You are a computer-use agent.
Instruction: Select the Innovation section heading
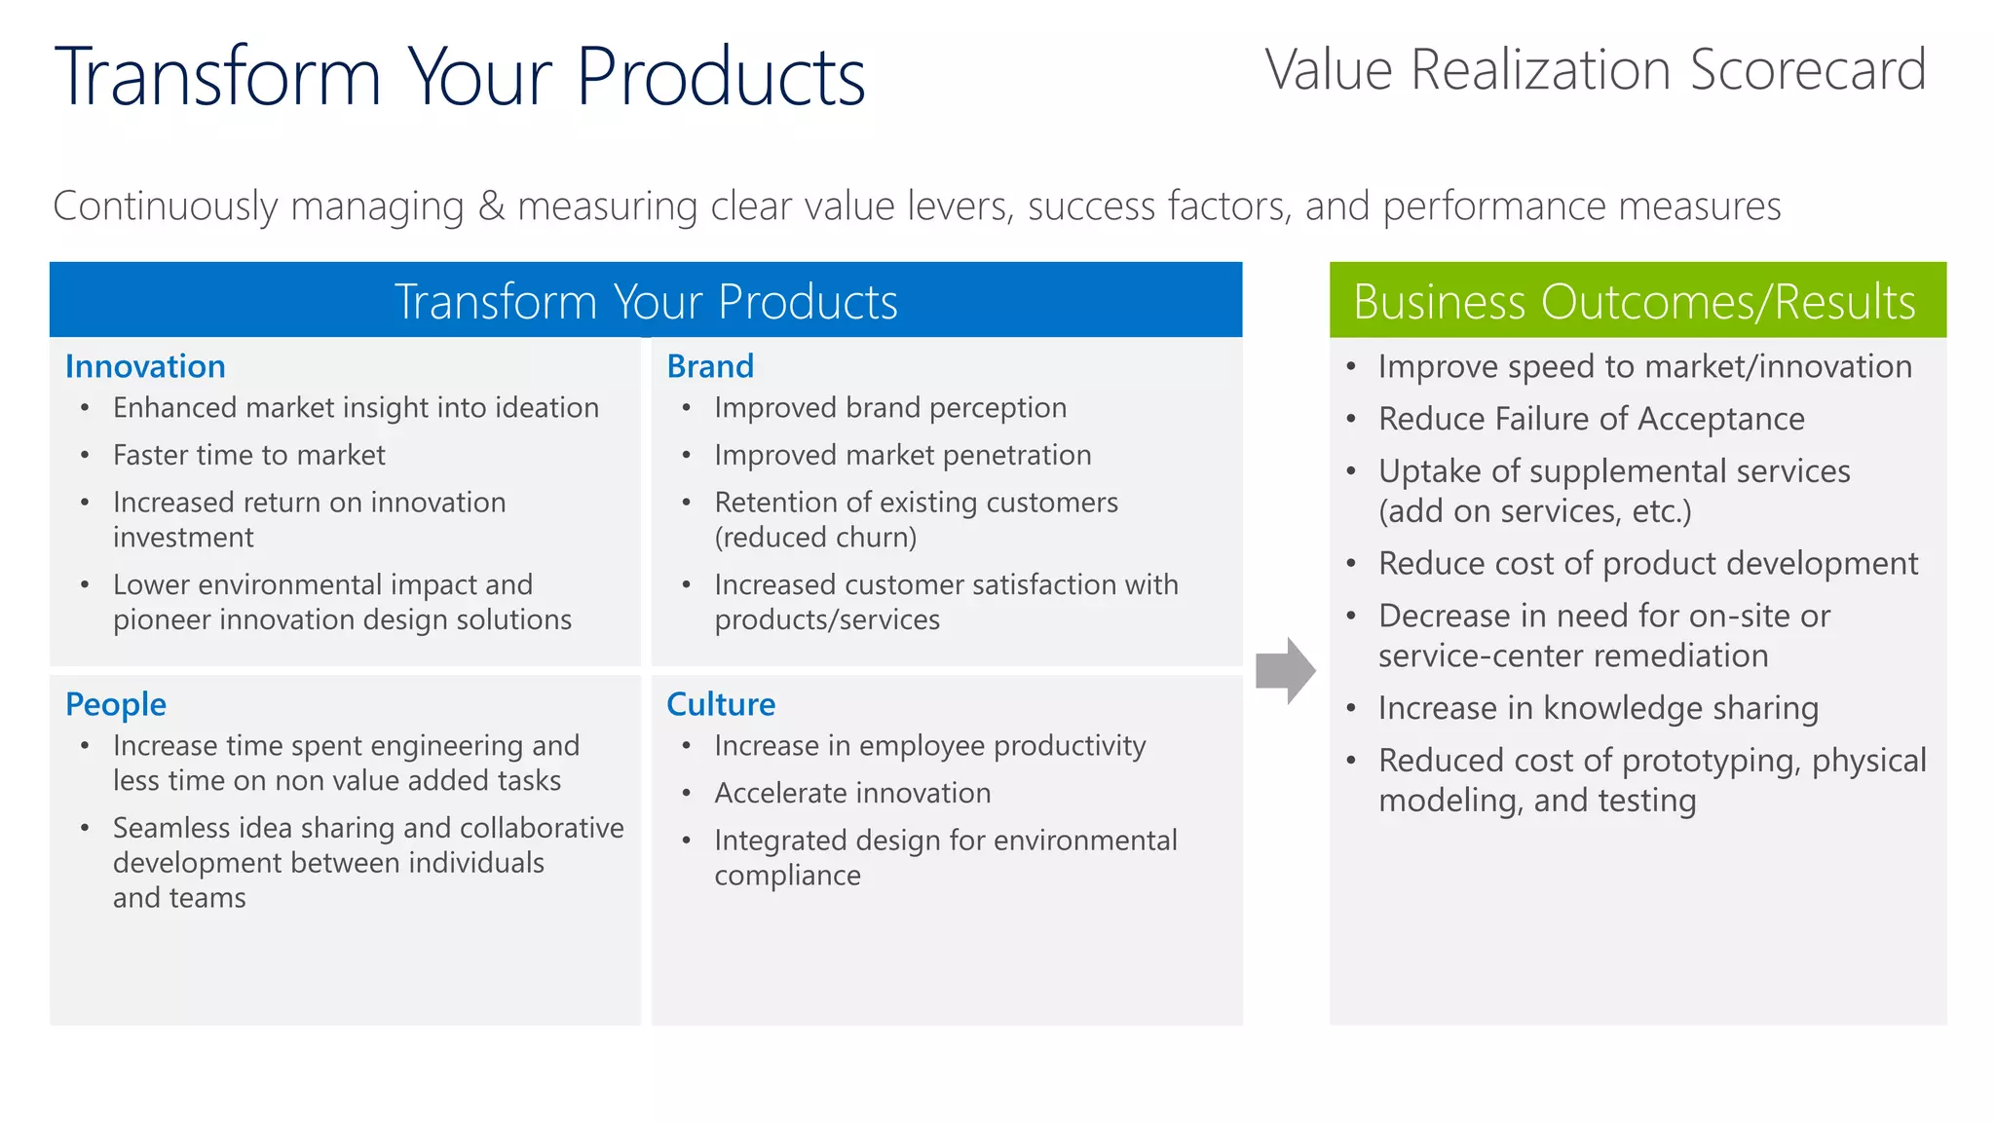click(145, 366)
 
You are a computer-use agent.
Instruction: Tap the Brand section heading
click(710, 366)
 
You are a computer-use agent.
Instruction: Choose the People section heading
click(115, 704)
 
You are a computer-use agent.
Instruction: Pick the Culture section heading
click(721, 704)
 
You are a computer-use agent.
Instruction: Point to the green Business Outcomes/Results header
click(1637, 300)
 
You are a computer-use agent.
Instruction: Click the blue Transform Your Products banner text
click(645, 301)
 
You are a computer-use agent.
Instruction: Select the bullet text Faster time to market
click(248, 455)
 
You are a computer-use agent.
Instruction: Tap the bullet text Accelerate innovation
click(852, 793)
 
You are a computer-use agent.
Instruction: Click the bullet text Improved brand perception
click(889, 407)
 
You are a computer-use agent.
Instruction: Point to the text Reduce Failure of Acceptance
click(1591, 419)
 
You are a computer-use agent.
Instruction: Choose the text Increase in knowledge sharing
click(1598, 708)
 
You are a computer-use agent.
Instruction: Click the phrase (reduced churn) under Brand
click(815, 538)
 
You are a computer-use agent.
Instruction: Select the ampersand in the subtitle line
click(491, 206)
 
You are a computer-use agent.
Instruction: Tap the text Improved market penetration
click(902, 455)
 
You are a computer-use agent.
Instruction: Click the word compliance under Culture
click(787, 876)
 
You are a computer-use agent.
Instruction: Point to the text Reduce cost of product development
click(1647, 563)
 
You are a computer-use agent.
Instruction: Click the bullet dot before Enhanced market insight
click(86, 408)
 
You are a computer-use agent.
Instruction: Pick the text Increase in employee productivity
click(929, 746)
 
